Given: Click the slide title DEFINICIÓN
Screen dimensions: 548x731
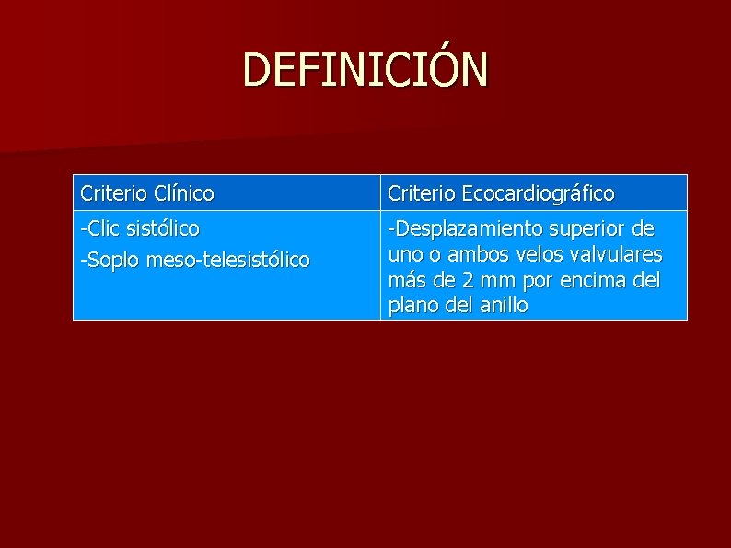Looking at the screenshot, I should (365, 70).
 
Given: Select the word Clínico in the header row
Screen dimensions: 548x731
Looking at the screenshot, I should (185, 193).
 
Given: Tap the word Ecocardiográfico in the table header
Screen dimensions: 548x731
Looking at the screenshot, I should (539, 193).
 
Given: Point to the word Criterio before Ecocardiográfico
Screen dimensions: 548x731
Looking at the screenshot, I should (422, 193).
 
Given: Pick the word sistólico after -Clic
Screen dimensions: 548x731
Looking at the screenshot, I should (162, 227).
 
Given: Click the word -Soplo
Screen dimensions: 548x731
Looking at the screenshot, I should (107, 261).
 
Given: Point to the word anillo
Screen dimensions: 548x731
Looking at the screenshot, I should (503, 305).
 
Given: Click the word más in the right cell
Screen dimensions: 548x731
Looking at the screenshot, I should (406, 279).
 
